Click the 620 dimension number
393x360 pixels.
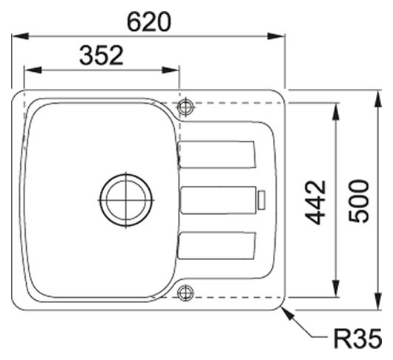pos(149,22)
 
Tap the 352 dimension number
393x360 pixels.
pos(102,55)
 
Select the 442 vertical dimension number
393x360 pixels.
pos(316,202)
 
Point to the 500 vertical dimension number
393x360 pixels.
pos(359,201)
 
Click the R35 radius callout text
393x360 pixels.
pos(357,339)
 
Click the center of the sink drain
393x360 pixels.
pos(126,200)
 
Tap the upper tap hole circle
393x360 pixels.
pos(185,107)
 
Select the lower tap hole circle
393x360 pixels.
pos(185,293)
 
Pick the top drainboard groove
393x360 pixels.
pos(217,155)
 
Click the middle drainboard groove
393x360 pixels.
pos(218,200)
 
